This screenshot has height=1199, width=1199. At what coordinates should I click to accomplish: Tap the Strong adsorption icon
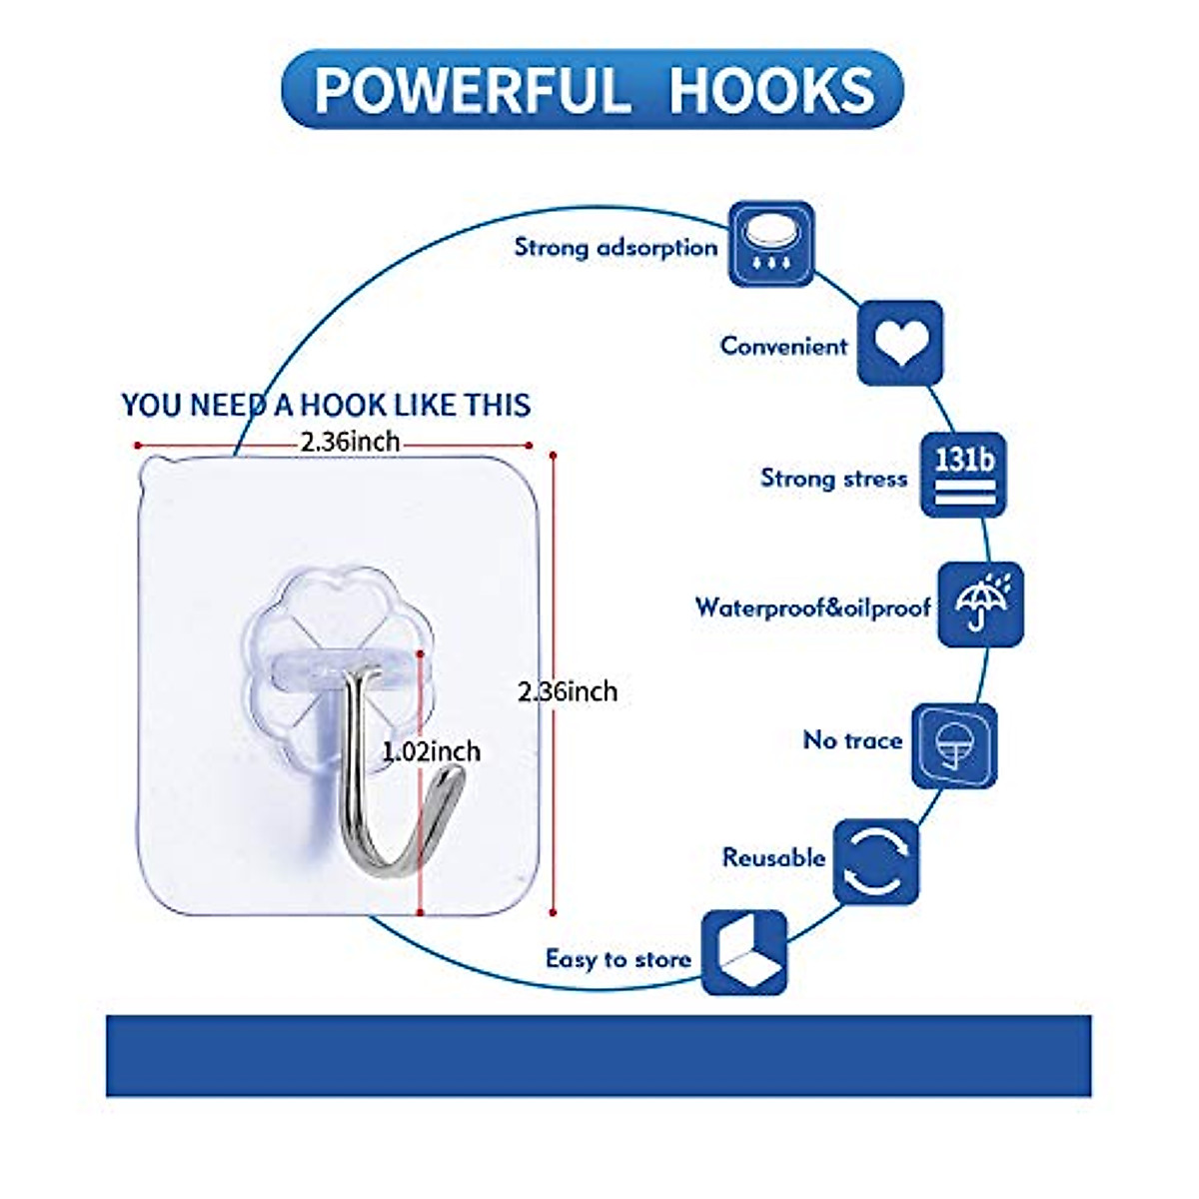770,244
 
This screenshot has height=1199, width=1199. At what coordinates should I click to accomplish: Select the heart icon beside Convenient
899,342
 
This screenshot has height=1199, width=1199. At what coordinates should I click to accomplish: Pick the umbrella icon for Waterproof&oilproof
980,603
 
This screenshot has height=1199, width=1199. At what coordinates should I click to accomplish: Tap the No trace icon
954,745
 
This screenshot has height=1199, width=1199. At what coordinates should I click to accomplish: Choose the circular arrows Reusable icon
875,861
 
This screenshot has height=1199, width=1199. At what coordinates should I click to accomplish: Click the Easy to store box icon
744,952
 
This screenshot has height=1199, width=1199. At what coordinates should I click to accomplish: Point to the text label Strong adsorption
615,247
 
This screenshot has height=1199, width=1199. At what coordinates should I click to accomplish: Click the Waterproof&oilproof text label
812,607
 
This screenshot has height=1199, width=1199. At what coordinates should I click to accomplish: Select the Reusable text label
773,857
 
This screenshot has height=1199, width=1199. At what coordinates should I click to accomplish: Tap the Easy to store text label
617,959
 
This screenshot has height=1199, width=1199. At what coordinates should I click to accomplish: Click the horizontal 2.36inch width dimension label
350,441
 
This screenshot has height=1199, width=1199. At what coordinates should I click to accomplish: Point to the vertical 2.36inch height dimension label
568,691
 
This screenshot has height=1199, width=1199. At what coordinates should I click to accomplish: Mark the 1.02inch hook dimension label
432,751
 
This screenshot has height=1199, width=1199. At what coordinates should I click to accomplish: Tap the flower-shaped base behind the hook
300,619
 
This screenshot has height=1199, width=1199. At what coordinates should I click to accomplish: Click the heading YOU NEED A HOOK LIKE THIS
326,405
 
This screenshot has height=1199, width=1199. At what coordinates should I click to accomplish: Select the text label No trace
852,740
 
